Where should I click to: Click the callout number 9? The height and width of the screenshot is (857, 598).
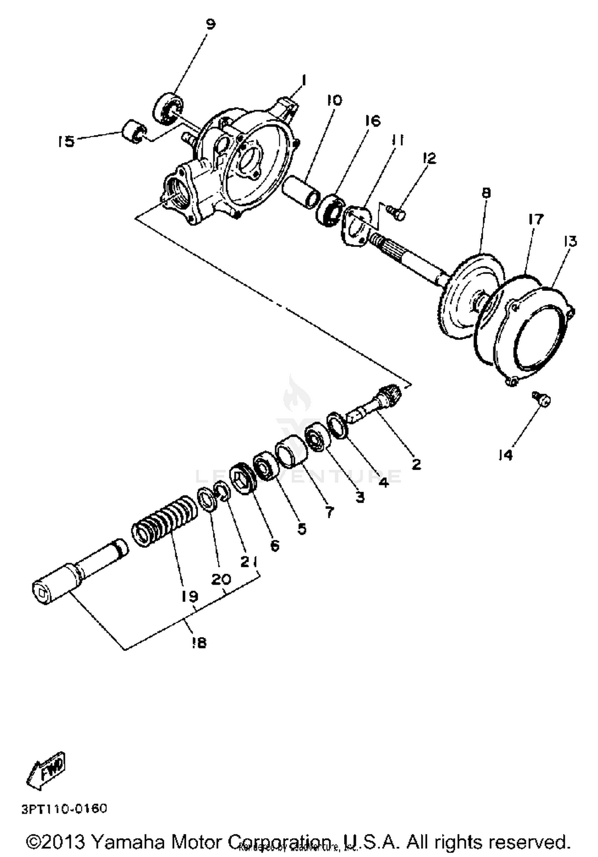(x=210, y=24)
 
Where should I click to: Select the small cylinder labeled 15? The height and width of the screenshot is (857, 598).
(x=134, y=130)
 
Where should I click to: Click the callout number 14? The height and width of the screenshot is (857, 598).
(x=506, y=455)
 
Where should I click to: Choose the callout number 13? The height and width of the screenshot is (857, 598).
(x=570, y=241)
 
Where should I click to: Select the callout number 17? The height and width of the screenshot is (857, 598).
(x=536, y=219)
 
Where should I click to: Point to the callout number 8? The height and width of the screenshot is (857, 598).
(x=486, y=193)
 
